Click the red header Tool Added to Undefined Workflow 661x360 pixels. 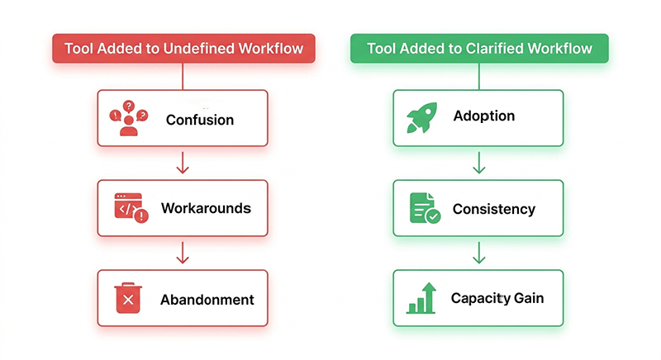click(183, 49)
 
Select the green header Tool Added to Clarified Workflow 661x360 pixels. click(479, 49)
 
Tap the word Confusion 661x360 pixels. click(200, 120)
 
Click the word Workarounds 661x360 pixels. click(206, 207)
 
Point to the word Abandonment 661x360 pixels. click(207, 299)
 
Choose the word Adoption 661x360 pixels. click(484, 116)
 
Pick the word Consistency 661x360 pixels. click(494, 209)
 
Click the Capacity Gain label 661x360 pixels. click(497, 298)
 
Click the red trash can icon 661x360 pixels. click(128, 298)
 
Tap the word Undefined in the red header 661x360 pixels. click(201, 49)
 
